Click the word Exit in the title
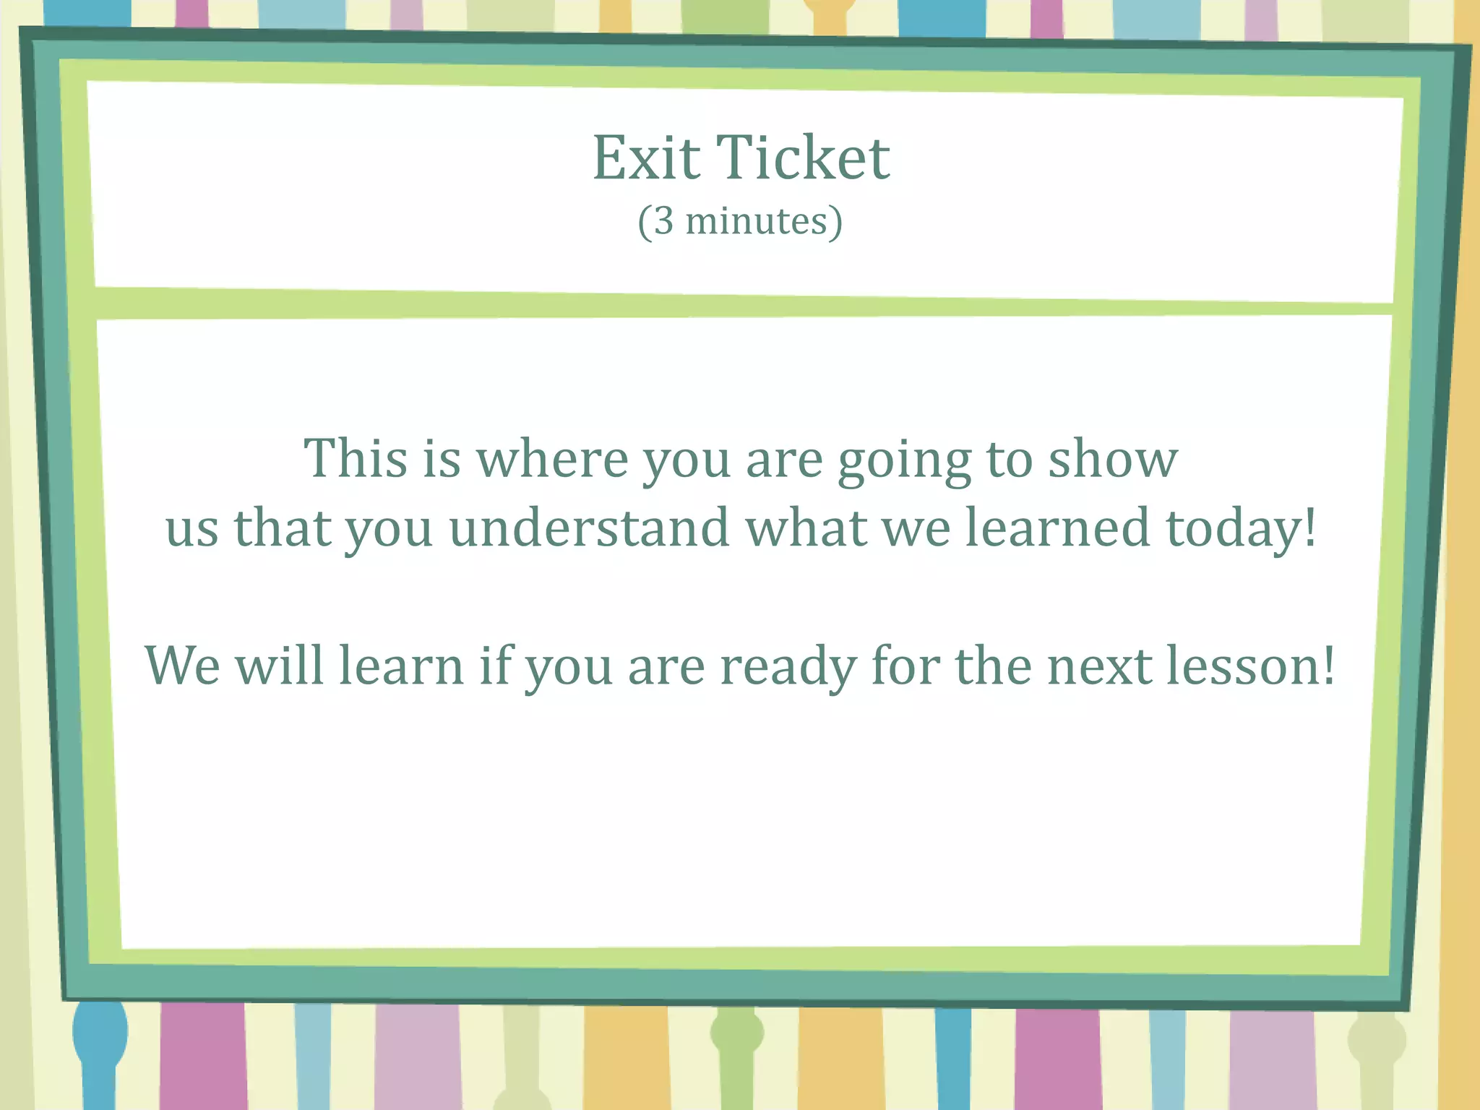click(646, 158)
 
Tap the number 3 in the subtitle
click(663, 222)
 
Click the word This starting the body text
click(355, 459)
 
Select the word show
click(1113, 459)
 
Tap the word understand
click(589, 528)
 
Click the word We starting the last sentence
click(182, 666)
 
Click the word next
click(1100, 667)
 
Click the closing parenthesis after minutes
click(835, 222)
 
